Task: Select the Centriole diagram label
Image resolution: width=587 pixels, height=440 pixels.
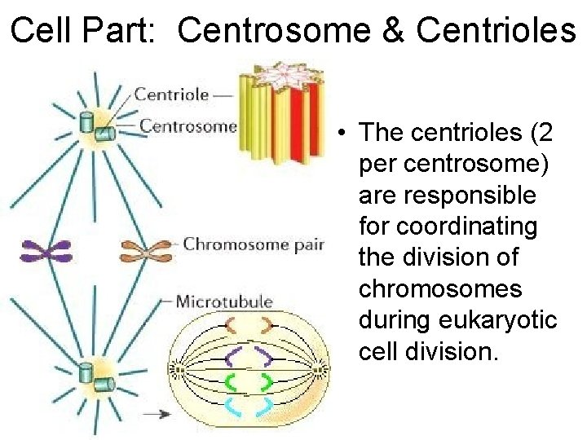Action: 172,94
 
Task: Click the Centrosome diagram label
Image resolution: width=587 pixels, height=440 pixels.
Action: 188,125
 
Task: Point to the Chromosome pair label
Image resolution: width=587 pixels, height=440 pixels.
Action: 254,244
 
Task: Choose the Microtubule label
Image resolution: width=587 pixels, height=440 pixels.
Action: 224,301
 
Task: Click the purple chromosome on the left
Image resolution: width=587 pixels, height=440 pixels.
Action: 46,251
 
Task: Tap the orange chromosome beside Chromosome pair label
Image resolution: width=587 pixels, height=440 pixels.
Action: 148,249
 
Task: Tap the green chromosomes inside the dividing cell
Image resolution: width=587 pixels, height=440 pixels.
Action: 248,381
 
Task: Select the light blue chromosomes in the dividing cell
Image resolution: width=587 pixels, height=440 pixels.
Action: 248,405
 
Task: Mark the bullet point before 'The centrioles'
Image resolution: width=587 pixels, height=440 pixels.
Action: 346,133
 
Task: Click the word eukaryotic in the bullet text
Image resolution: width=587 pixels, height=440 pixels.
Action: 510,320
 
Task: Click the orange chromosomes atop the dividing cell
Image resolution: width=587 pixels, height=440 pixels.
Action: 248,325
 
